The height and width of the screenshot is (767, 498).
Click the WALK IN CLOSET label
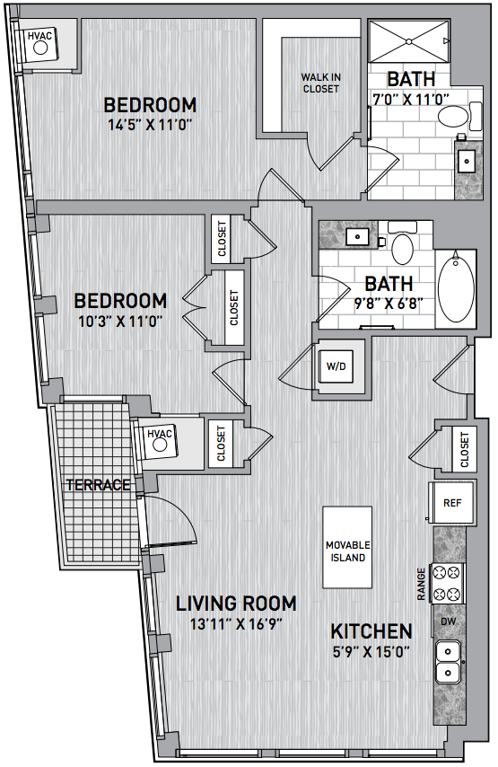[x=320, y=84]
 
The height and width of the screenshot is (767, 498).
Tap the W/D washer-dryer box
[x=336, y=366]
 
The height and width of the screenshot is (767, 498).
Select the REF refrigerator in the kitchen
[x=451, y=502]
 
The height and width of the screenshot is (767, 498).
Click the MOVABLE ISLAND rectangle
[x=347, y=547]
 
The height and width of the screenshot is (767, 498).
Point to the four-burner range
[x=447, y=583]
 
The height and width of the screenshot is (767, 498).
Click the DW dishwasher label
[x=448, y=622]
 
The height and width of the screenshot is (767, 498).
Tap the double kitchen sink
[x=448, y=662]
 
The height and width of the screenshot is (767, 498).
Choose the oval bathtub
[x=456, y=288]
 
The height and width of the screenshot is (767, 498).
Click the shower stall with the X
[x=408, y=41]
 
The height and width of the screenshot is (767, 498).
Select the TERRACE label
[x=98, y=485]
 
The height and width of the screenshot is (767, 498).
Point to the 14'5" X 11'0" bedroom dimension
[x=150, y=125]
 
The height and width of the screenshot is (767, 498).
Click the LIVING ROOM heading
[x=236, y=604]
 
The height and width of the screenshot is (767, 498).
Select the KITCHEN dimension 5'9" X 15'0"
[x=371, y=651]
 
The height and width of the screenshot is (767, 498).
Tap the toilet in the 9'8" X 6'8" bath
[x=403, y=243]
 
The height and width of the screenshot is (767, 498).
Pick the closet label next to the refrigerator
[x=464, y=450]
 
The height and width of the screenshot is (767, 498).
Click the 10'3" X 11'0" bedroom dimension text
[x=120, y=322]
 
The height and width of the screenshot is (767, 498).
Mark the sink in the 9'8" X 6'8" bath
[x=358, y=236]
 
